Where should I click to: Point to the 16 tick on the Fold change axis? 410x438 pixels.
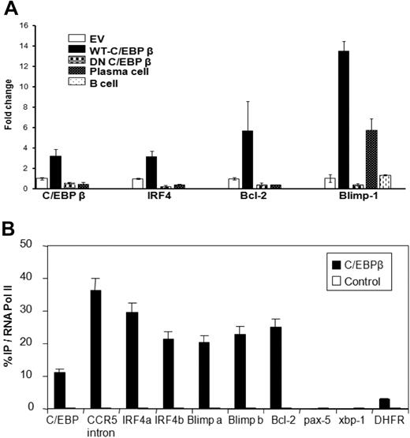(x=24, y=25)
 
